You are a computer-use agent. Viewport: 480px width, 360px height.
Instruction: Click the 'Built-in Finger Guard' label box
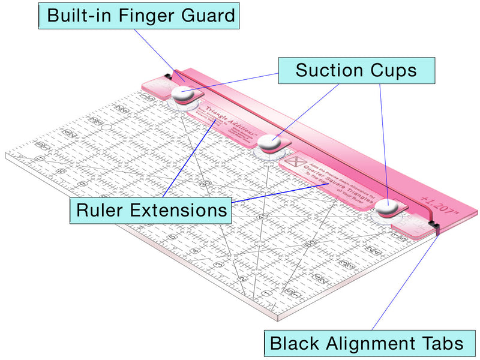(139, 16)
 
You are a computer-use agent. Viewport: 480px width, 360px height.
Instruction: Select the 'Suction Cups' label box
(356, 70)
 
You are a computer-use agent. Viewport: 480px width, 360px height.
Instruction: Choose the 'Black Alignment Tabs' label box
(367, 344)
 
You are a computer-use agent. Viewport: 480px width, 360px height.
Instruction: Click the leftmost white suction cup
(182, 94)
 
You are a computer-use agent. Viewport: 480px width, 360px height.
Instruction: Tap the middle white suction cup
(269, 143)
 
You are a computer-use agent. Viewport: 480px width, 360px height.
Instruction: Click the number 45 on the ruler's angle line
(260, 215)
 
